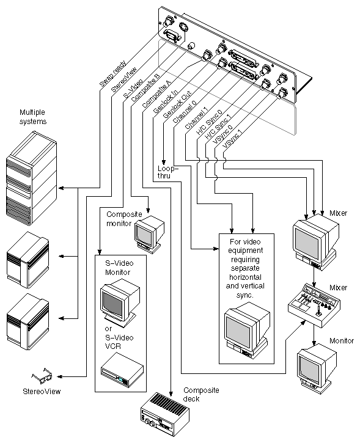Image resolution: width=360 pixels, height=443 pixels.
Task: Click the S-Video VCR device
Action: (122, 370)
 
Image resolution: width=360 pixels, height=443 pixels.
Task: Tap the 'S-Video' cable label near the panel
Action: (135, 87)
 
